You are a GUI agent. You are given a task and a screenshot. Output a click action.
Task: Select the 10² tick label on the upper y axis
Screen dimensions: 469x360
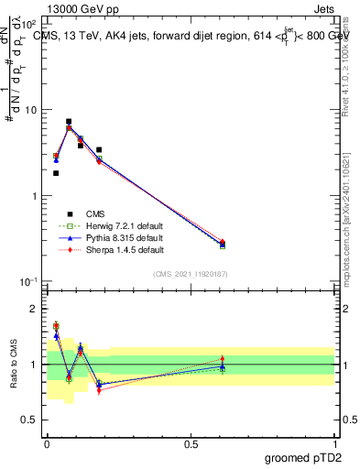click(29, 24)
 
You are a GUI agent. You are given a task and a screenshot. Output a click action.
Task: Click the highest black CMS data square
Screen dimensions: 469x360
click(69, 122)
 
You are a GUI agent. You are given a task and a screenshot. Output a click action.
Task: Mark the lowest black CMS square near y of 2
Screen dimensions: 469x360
click(56, 173)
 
